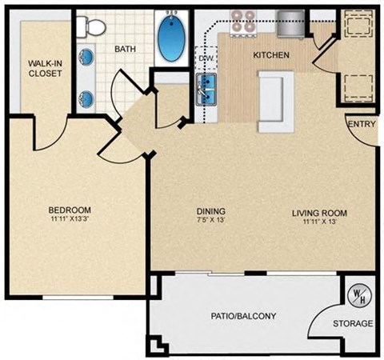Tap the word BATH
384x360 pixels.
click(x=126, y=49)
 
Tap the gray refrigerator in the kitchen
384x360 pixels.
click(x=290, y=22)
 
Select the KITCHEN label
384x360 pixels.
click(x=270, y=55)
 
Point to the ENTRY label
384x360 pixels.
click(x=361, y=124)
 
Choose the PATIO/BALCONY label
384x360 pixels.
click(x=244, y=316)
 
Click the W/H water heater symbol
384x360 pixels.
click(x=355, y=295)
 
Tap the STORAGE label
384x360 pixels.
click(x=353, y=323)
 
